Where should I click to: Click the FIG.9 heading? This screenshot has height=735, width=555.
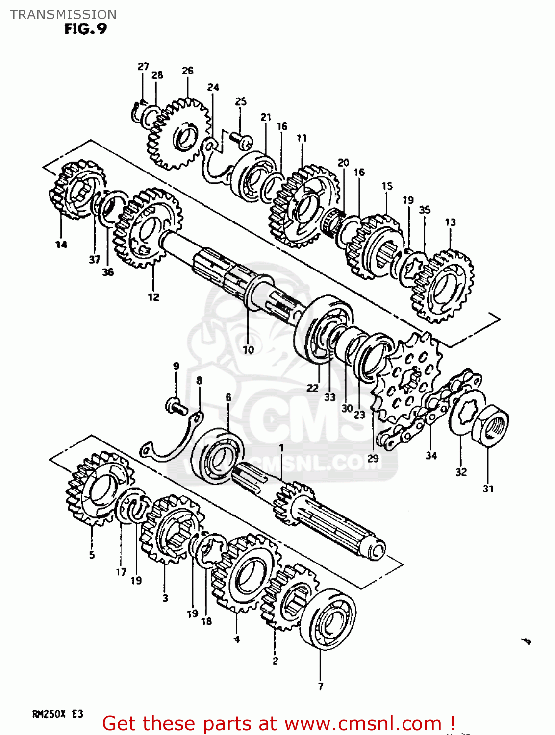point(85,29)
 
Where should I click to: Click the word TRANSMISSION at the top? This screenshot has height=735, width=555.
point(63,15)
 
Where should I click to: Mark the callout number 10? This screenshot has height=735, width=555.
point(248,350)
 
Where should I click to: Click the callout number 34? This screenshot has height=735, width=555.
point(431,456)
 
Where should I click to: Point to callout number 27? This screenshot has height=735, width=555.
point(143,67)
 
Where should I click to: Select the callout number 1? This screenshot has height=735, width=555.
point(281,447)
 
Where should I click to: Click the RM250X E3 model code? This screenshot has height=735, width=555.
point(57,714)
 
